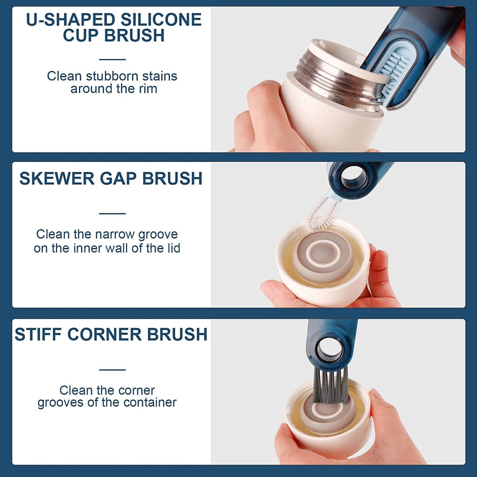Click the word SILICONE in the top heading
[161, 20]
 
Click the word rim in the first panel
[148, 89]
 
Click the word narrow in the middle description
[115, 234]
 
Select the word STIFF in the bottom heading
[38, 334]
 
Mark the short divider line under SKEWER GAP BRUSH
[112, 214]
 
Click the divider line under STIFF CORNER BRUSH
[112, 370]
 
